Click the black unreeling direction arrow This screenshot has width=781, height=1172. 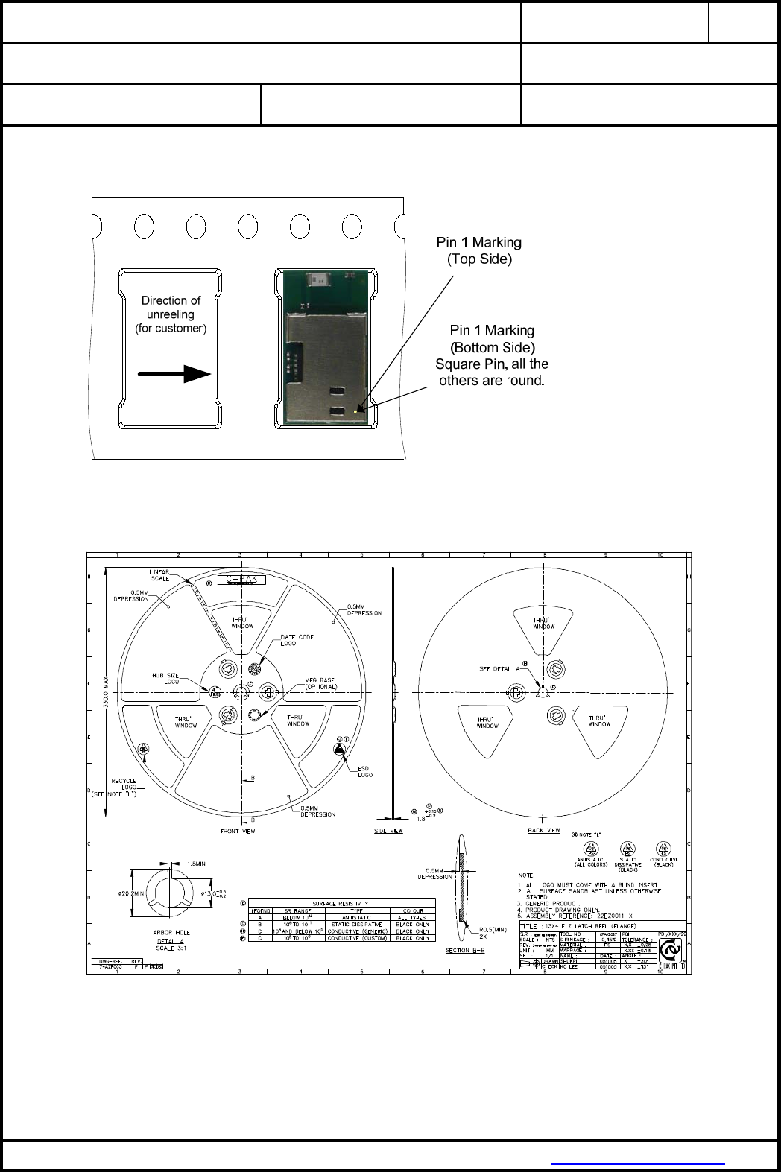point(174,373)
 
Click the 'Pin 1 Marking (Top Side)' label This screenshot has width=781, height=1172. point(478,250)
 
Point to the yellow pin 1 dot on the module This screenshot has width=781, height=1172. point(355,408)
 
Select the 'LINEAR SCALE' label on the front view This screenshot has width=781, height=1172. point(159,575)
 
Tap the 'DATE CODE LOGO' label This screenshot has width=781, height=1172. point(297,640)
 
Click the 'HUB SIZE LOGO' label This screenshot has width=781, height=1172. point(165,678)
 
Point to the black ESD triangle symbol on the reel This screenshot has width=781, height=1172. point(339,748)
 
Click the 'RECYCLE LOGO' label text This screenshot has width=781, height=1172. point(124,784)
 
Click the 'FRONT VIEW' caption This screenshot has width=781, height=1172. point(238,831)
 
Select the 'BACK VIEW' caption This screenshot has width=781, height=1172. point(543,830)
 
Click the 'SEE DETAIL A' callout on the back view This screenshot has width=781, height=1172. point(499,669)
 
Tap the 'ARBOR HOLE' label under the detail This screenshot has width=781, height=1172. point(171,932)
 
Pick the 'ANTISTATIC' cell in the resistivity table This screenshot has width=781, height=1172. point(356,917)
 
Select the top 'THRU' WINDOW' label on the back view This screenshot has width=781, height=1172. point(543,623)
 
